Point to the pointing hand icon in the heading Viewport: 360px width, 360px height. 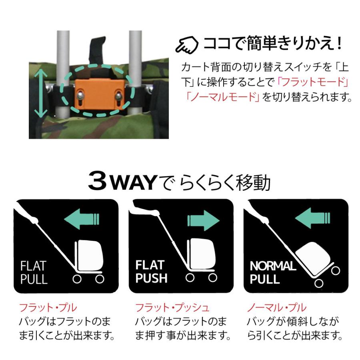187,45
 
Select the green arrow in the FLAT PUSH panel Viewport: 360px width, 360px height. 203,220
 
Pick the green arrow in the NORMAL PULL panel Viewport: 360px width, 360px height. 312,219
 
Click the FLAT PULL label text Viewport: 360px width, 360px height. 34,272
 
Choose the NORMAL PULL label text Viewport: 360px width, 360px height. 272,272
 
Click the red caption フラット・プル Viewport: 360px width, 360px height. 48,308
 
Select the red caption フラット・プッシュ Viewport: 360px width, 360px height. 172,308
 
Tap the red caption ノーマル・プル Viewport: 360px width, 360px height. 276,308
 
